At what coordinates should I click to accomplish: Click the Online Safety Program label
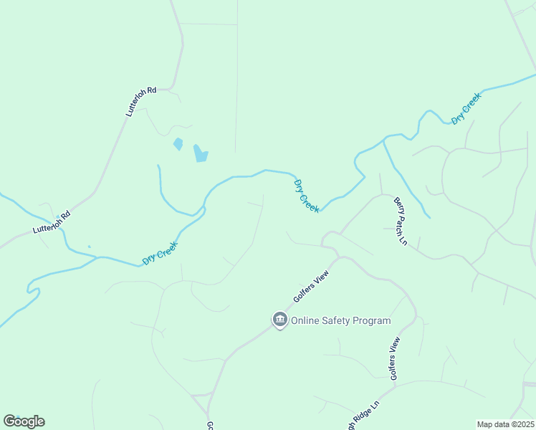[x=340, y=321]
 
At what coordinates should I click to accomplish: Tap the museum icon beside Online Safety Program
[x=279, y=320]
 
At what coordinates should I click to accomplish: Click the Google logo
[x=24, y=421]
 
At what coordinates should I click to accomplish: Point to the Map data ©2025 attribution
[x=506, y=424]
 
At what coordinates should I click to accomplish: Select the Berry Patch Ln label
[x=400, y=221]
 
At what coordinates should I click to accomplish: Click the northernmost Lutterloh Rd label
[x=140, y=102]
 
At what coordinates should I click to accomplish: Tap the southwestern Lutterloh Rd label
[x=52, y=223]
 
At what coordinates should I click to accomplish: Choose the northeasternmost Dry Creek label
[x=466, y=108]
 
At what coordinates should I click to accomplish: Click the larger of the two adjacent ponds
[x=201, y=153]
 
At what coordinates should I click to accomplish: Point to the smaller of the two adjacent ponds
[x=178, y=144]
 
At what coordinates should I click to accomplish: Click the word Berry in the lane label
[x=398, y=206]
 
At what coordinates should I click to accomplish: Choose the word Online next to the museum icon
[x=306, y=321]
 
